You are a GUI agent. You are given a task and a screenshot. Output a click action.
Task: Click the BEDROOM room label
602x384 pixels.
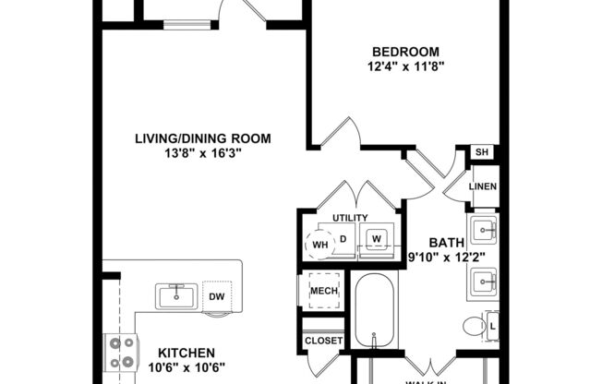click(x=405, y=51)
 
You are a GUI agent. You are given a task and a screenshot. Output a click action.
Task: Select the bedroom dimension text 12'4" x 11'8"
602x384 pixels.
click(x=405, y=66)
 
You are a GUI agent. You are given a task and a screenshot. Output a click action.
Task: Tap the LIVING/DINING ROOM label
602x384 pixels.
click(x=203, y=138)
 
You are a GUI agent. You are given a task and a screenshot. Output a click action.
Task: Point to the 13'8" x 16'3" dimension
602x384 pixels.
click(x=203, y=154)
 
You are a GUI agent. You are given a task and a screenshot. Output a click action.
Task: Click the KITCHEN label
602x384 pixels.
click(x=187, y=353)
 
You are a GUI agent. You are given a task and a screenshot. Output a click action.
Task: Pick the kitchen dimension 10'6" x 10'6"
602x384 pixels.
click(x=187, y=367)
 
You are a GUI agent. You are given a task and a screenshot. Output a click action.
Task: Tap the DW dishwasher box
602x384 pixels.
click(x=217, y=296)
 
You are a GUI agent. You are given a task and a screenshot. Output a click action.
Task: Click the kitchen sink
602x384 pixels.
click(x=175, y=295)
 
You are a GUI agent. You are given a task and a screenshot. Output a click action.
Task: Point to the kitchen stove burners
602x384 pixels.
click(x=121, y=351)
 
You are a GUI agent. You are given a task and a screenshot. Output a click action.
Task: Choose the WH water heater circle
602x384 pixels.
click(x=319, y=245)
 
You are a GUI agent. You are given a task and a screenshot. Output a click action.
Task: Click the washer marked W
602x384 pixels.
click(x=376, y=239)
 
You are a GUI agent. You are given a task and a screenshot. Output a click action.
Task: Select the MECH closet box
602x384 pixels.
click(x=323, y=292)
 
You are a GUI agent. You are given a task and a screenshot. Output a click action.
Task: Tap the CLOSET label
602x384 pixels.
click(x=323, y=341)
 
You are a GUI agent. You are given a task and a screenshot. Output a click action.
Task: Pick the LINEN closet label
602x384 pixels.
click(x=483, y=186)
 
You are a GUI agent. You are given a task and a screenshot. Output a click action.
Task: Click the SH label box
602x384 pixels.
click(x=481, y=152)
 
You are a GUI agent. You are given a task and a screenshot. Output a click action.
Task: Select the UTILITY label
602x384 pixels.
click(x=350, y=217)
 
